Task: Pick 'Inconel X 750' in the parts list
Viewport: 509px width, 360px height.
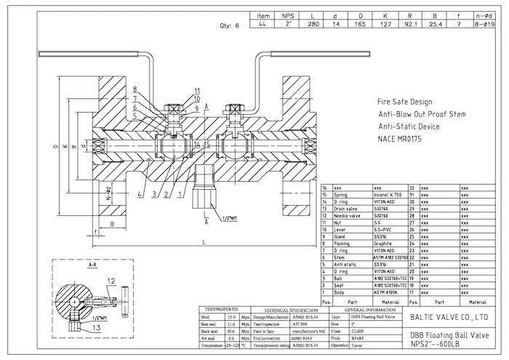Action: tap(391, 195)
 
